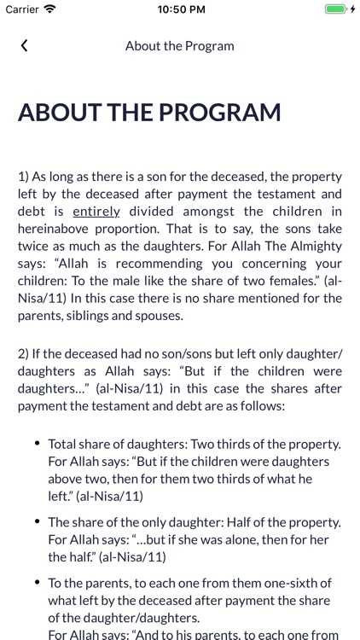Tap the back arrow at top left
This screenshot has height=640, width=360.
(24, 45)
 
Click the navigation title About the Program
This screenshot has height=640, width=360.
(179, 45)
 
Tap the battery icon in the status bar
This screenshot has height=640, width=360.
(337, 9)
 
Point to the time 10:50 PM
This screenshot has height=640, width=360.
(180, 9)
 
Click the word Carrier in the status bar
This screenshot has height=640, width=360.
(22, 9)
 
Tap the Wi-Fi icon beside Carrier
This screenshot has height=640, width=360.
(50, 9)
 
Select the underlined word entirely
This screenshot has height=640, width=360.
(96, 211)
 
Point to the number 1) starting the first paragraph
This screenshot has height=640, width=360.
(24, 177)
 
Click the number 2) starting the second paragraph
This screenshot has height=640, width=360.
(24, 354)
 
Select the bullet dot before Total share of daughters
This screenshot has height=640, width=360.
(37, 444)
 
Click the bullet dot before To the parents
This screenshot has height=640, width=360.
(37, 584)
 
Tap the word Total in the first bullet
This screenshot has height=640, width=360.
(62, 445)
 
